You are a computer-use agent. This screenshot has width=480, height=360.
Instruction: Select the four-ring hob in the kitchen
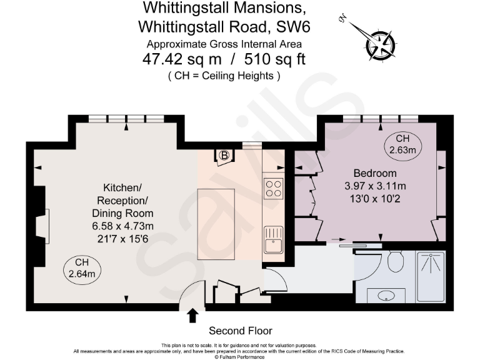pos(273,188)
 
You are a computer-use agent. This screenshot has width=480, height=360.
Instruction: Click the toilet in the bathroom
pos(395,261)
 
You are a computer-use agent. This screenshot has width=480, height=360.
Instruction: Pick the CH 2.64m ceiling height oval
pos(82,268)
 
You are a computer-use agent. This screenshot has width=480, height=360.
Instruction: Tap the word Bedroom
pos(375,173)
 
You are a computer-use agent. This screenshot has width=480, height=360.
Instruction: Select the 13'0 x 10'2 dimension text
pos(375,198)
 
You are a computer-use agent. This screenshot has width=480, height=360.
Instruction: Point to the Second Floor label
pos(240,331)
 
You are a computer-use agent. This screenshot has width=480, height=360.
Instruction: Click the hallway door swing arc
pos(276,277)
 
